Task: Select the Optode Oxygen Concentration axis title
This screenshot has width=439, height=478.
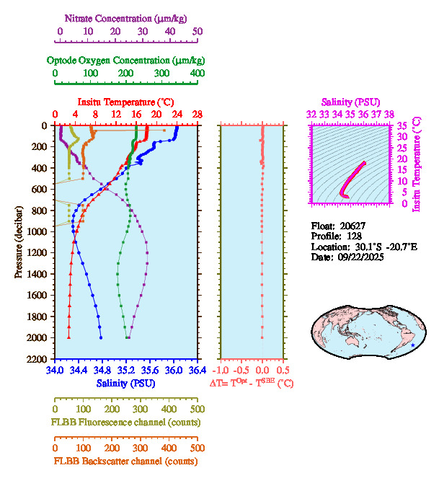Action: coord(125,60)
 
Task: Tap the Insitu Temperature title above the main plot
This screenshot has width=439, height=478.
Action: coord(125,102)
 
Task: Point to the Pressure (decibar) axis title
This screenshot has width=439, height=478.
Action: coord(19,242)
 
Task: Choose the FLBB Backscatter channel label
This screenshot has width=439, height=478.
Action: coord(125,461)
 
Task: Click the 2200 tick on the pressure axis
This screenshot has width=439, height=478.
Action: coord(40,359)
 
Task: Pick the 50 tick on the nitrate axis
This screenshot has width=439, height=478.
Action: coord(198,31)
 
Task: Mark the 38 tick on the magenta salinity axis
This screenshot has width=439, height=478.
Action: coord(389,115)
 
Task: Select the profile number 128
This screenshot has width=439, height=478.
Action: coord(353,236)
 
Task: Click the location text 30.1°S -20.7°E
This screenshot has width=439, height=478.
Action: coord(377,247)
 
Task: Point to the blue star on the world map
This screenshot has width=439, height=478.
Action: coord(412,346)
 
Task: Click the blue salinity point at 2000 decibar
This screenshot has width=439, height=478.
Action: coord(101,337)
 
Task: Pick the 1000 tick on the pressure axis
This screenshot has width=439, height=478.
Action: coord(40,231)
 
